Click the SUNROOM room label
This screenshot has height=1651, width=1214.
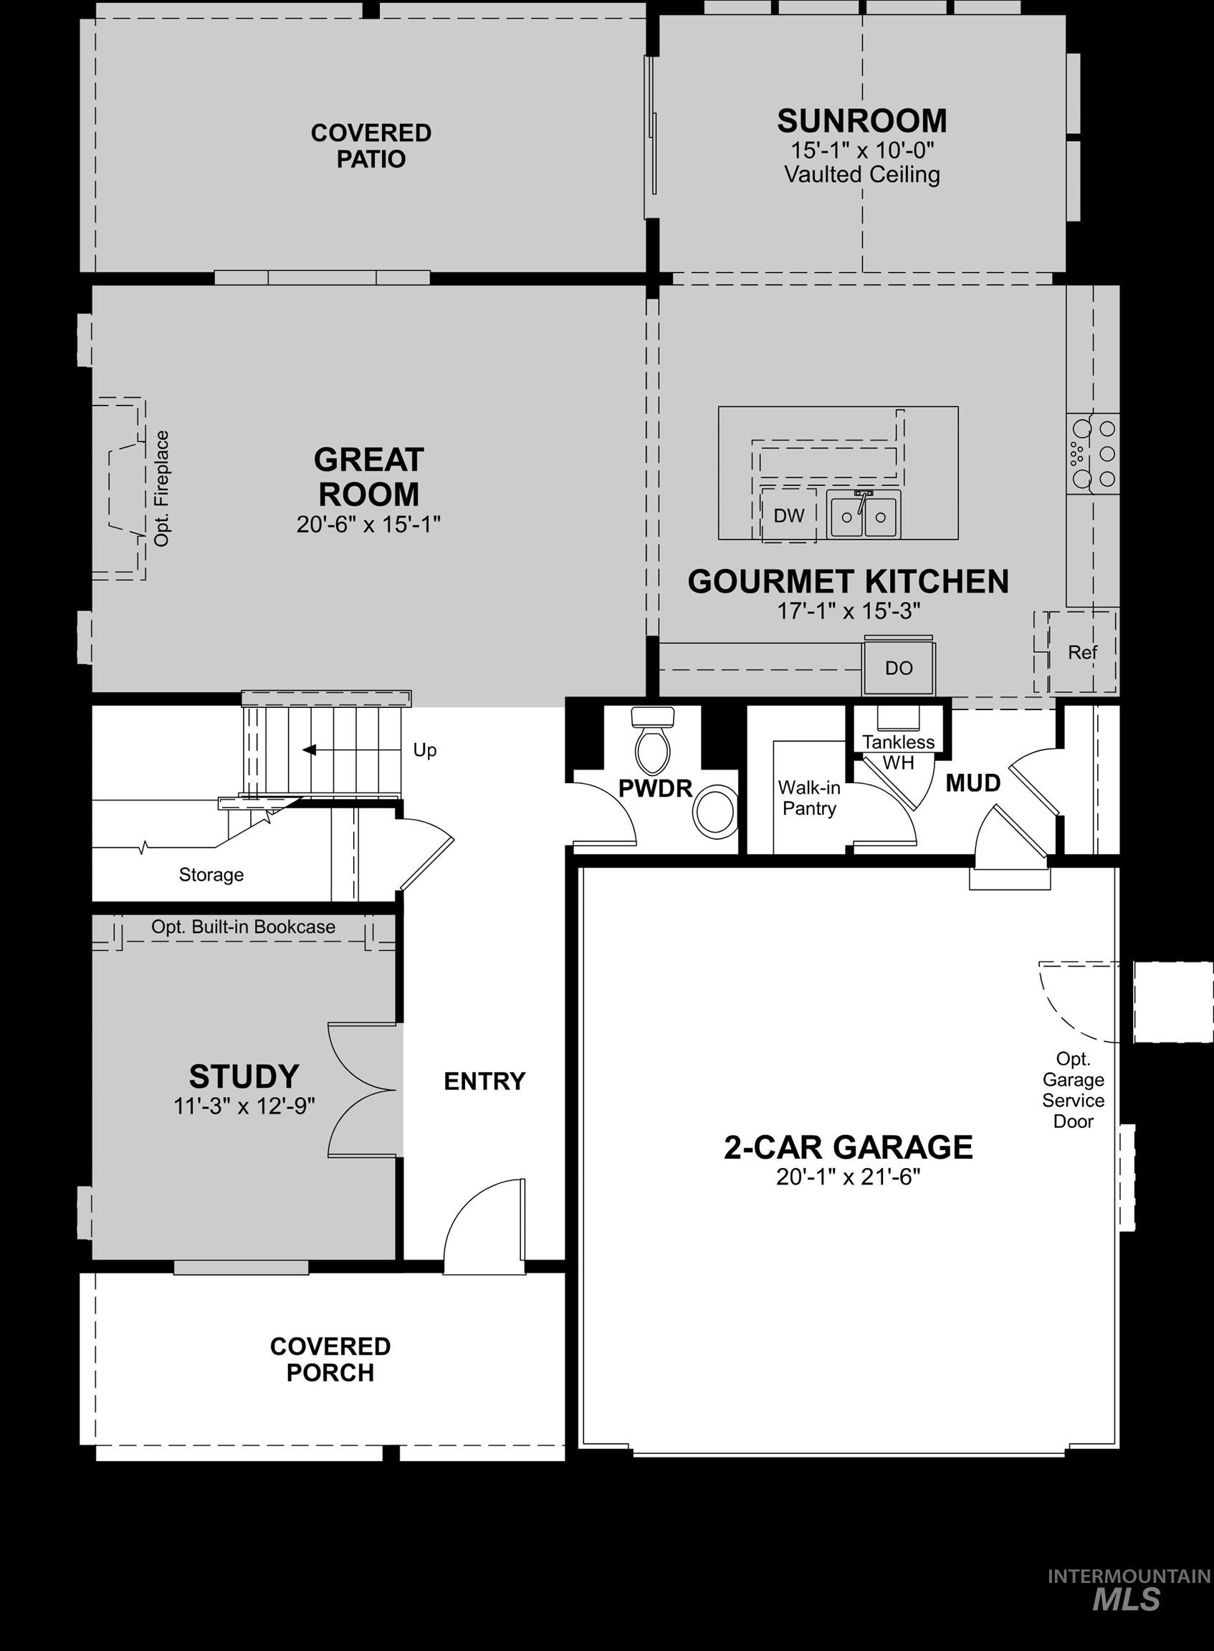tap(861, 121)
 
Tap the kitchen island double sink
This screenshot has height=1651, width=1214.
tap(864, 516)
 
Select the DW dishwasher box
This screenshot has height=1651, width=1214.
tap(788, 516)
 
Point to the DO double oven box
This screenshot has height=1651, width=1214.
tap(898, 668)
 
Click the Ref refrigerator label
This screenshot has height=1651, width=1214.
tap(1082, 652)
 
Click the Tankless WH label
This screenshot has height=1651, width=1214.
tap(898, 752)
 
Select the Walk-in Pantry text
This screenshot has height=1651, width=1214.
tap(809, 798)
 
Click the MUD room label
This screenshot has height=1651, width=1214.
tap(972, 783)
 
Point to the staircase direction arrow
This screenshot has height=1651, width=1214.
tap(310, 750)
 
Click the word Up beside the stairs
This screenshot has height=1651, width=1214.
tap(424, 750)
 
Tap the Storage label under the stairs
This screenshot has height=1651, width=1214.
tap(211, 874)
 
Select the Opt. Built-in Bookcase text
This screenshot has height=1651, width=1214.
tap(243, 927)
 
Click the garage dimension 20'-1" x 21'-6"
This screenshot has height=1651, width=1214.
tap(848, 1177)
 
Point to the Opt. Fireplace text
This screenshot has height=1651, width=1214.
tap(162, 489)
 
